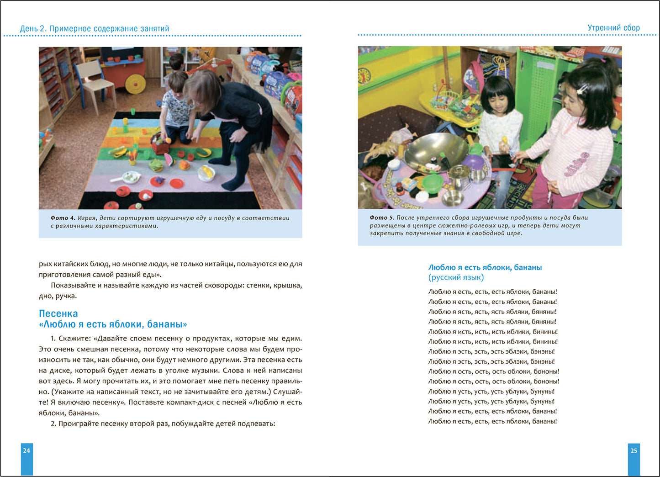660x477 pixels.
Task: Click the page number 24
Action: click(26, 450)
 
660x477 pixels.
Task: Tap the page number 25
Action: click(634, 450)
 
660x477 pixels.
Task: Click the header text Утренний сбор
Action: click(613, 28)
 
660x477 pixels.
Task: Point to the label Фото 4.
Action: click(62, 218)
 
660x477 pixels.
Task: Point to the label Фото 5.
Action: click(381, 218)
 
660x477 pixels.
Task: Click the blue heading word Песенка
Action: click(58, 313)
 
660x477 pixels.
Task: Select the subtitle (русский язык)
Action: click(456, 277)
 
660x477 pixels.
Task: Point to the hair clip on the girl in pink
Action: click(582, 89)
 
